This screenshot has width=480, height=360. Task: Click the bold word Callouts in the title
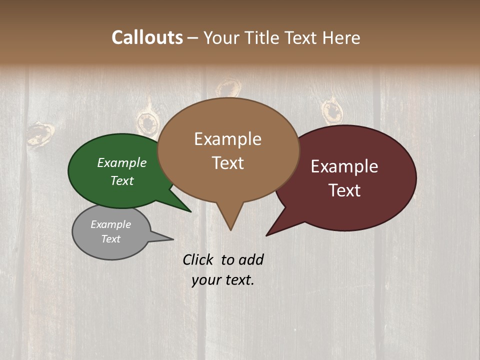tap(147, 37)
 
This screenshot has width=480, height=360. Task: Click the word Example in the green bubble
tap(122, 163)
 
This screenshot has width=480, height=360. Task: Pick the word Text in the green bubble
tap(122, 180)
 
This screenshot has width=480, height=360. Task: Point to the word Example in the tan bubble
tap(227, 139)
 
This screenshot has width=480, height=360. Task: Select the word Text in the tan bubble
tap(227, 163)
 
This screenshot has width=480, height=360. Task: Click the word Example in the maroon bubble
tap(344, 166)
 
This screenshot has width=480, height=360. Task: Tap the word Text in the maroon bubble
tap(344, 190)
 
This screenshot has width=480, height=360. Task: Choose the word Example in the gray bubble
tap(110, 224)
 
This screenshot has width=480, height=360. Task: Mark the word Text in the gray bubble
tap(110, 239)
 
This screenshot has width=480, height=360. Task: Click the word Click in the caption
tap(198, 259)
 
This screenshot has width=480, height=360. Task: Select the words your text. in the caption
tap(223, 280)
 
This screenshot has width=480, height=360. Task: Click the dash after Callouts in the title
tap(193, 38)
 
